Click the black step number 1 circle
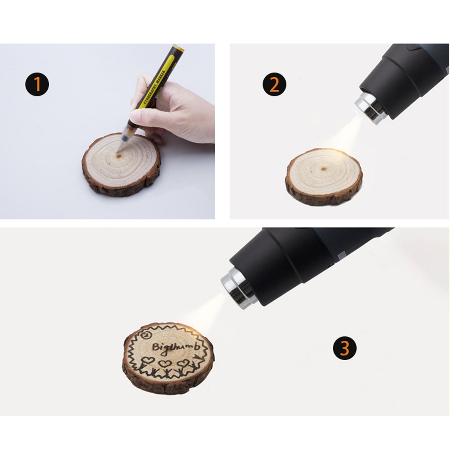tap(37, 84)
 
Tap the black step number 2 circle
tap(274, 84)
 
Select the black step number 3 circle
tap(345, 348)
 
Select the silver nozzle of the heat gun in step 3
tap(238, 288)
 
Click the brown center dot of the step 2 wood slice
tap(324, 169)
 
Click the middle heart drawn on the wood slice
tap(164, 364)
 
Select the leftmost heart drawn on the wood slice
tap(148, 360)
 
